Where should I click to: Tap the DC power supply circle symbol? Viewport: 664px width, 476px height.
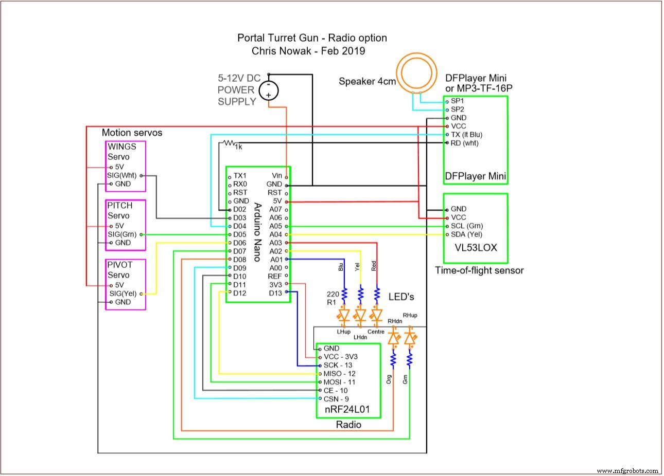[x=268, y=91]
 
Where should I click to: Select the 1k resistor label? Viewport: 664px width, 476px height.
[x=238, y=147]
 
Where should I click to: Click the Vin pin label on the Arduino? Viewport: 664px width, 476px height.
[x=277, y=176]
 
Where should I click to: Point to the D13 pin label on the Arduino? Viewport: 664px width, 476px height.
[x=275, y=293]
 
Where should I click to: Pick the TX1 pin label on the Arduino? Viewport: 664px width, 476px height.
[x=240, y=176]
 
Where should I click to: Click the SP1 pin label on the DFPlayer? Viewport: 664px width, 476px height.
[x=457, y=101]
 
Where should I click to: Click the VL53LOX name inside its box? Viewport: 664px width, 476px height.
[x=476, y=247]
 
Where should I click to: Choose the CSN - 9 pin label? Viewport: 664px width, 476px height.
[x=336, y=399]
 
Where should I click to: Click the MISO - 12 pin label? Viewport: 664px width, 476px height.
[x=339, y=374]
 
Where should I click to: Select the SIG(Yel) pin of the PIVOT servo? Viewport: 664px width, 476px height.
[x=124, y=294]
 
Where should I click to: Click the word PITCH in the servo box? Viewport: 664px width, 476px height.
[x=120, y=206]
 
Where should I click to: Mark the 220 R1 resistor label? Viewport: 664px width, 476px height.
[x=333, y=298]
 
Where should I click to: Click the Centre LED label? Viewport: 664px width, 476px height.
[x=376, y=332]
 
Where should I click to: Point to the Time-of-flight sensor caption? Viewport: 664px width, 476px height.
[x=479, y=270]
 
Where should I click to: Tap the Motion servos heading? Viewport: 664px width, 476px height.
[x=132, y=133]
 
